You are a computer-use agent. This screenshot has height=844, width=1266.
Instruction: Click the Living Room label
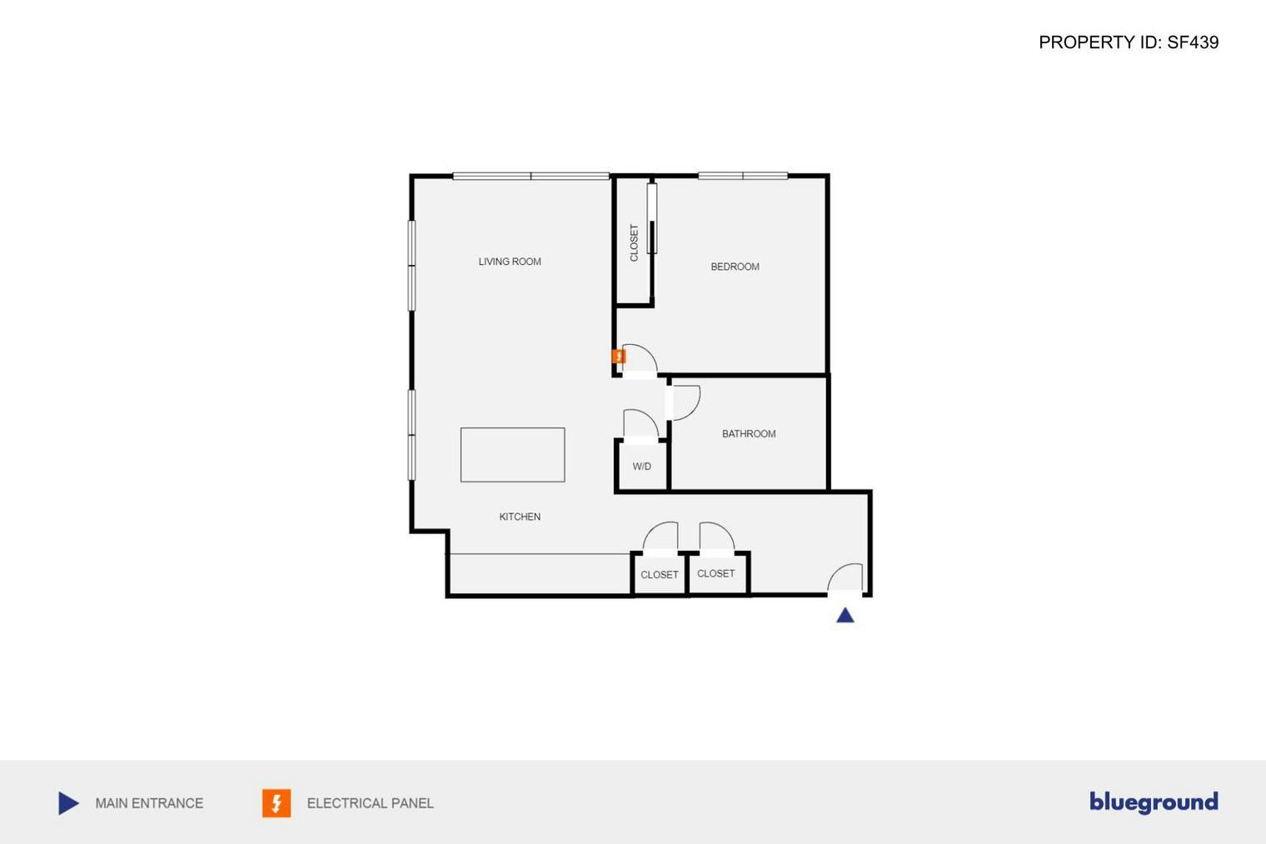pos(510,262)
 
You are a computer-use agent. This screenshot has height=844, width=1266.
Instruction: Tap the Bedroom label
pos(735,267)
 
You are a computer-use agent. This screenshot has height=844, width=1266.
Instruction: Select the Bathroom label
pos(749,434)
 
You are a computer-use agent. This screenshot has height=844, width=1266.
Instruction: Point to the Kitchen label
pos(520,517)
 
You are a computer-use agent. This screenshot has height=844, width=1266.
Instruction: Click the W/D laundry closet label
pos(641,467)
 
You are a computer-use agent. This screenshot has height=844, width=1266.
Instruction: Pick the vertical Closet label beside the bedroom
pos(634,242)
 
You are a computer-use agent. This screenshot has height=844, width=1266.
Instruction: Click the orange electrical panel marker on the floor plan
pos(619,357)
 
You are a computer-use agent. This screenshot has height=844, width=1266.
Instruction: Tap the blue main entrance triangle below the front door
pos(845,616)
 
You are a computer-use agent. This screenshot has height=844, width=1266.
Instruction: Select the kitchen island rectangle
pos(512,455)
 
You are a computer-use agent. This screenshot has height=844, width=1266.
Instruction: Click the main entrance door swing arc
pos(845,577)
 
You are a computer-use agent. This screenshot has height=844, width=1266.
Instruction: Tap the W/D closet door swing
pos(640,424)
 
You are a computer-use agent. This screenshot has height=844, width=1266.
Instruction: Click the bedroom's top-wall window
pos(743,176)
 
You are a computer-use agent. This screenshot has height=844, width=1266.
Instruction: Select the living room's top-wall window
pos(531,176)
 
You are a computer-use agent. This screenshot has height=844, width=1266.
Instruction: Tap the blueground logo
pos(1154,802)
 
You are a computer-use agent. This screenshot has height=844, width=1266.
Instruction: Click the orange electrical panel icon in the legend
pos(277,803)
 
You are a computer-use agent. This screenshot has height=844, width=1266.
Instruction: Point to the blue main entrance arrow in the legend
pos(69,803)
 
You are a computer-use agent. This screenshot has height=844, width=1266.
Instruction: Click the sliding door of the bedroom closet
pos(652,218)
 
